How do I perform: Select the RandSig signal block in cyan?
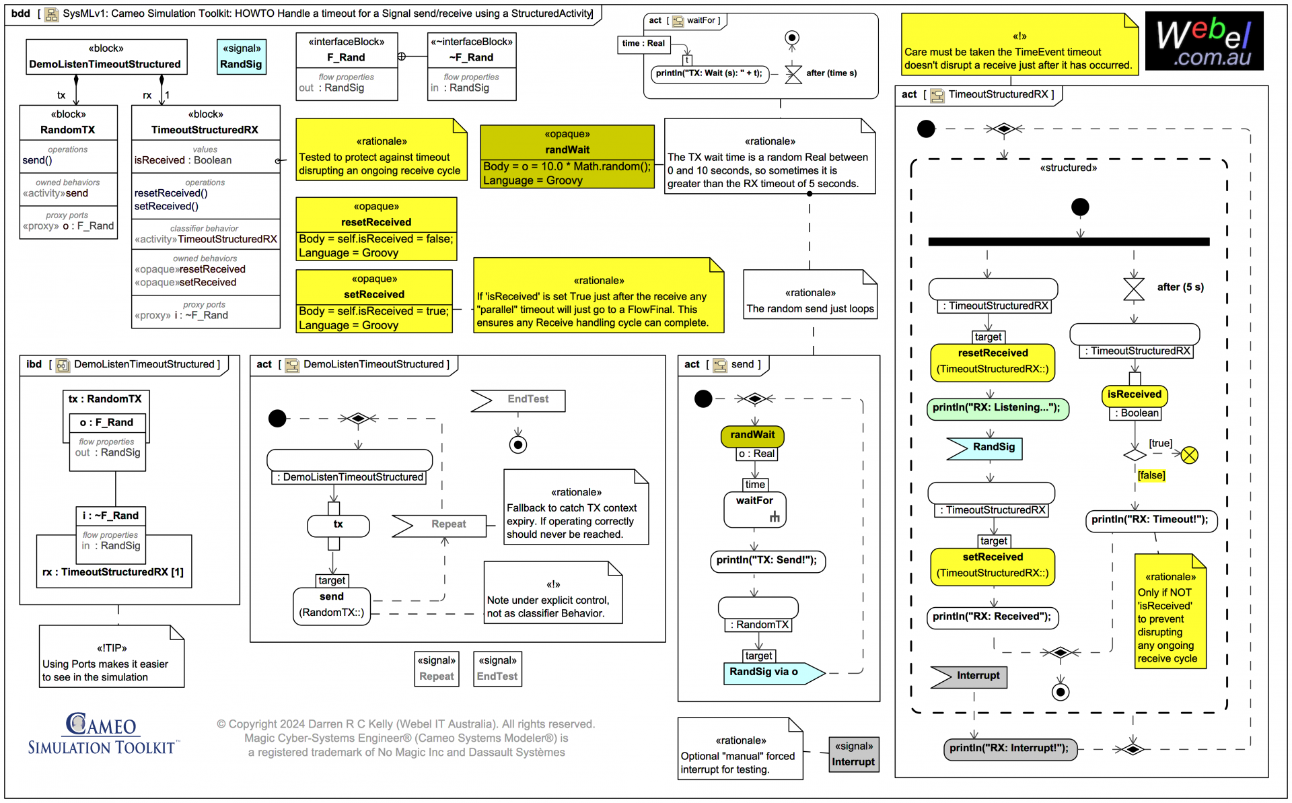click(241, 57)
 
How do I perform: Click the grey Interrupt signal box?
click(853, 754)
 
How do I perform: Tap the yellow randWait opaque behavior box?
click(567, 156)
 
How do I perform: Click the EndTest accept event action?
click(518, 400)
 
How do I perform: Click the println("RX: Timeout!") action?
click(1150, 520)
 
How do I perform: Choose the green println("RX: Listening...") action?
click(997, 408)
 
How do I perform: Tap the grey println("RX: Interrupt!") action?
click(1009, 748)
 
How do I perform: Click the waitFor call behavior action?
click(754, 510)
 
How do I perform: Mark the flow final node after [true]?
click(1189, 456)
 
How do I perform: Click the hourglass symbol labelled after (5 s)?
click(1133, 289)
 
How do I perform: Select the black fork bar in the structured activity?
click(1068, 242)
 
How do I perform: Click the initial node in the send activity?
click(703, 399)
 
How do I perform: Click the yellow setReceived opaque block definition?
click(374, 301)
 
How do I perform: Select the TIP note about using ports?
click(111, 657)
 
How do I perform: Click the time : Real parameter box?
click(643, 44)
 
